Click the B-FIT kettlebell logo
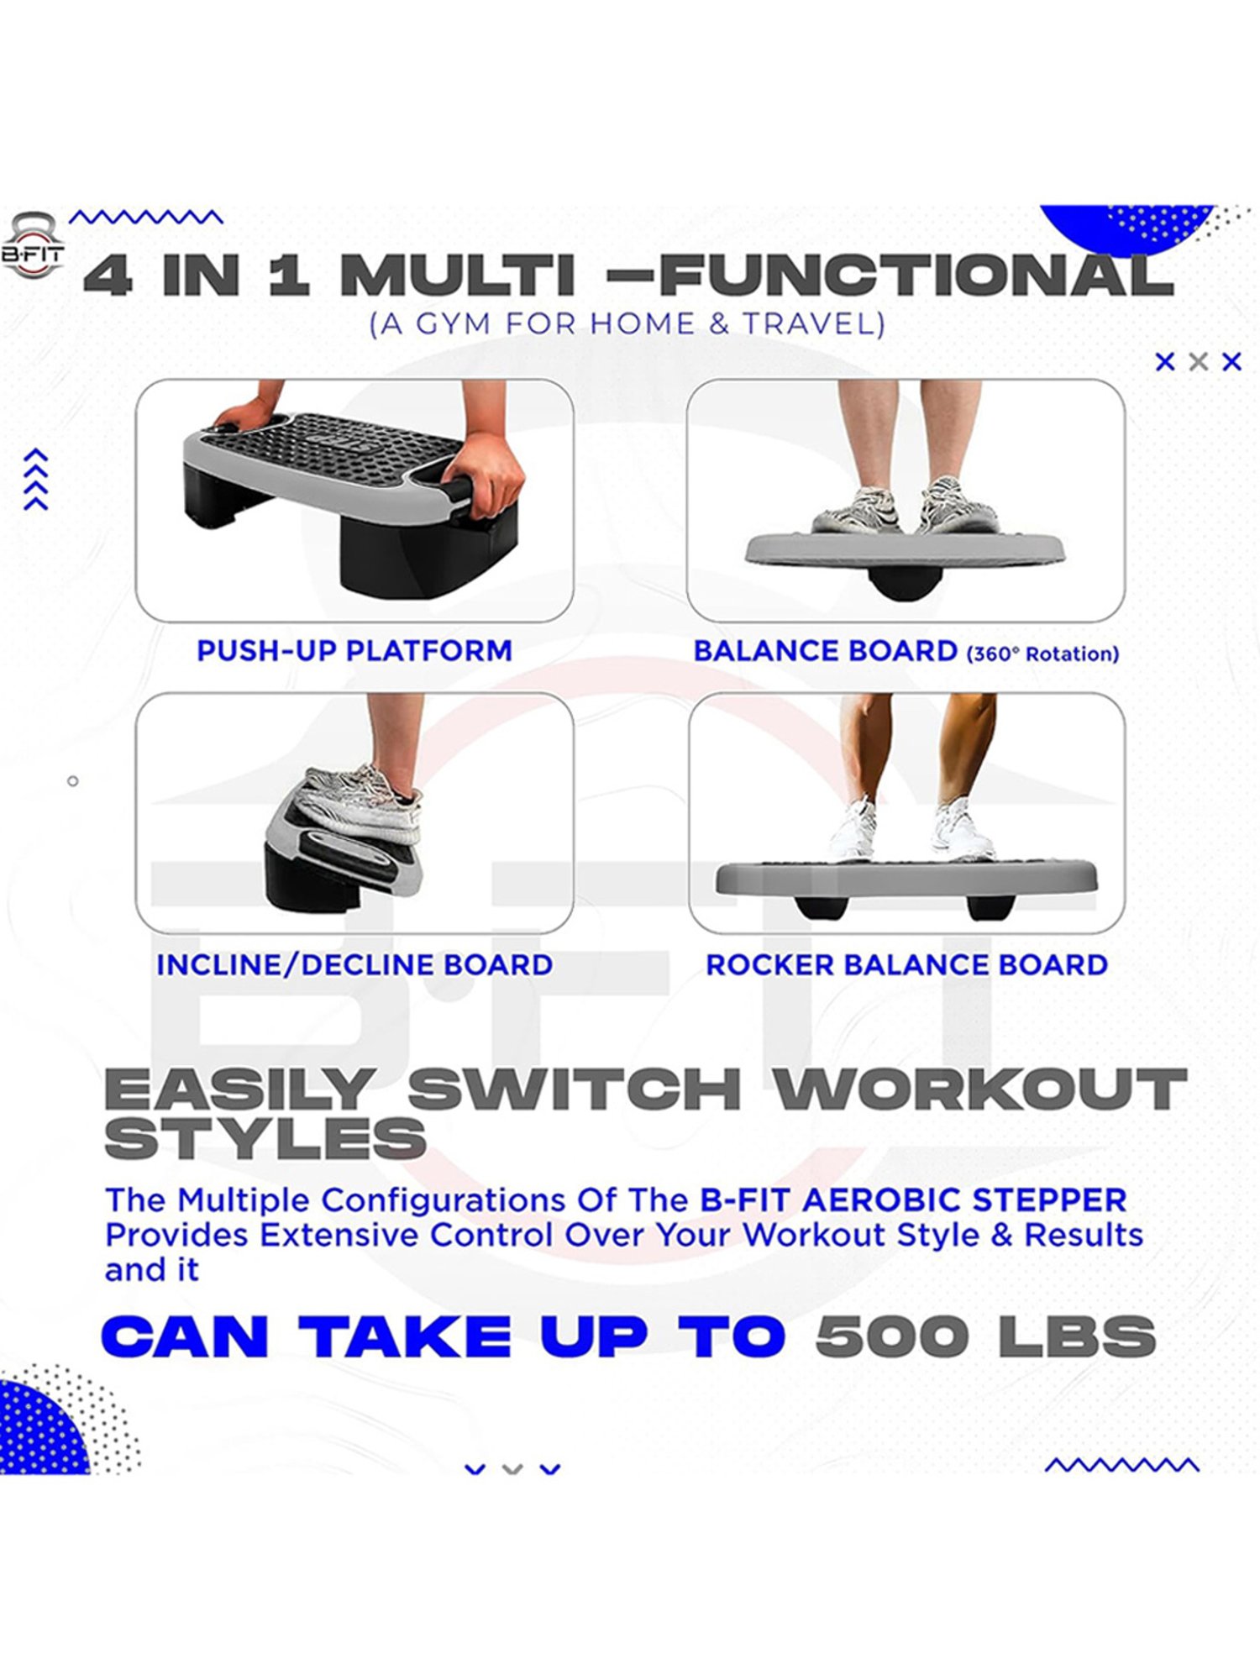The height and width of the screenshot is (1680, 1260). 32,245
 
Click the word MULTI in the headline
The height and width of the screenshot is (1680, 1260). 458,276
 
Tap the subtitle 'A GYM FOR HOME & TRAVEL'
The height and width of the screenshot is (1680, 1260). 627,324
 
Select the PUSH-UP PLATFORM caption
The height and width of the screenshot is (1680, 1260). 354,651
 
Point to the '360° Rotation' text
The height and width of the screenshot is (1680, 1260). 1042,654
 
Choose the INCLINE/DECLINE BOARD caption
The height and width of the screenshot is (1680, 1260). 354,965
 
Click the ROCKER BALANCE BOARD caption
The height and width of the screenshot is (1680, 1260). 906,965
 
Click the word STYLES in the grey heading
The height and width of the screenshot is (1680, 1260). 265,1140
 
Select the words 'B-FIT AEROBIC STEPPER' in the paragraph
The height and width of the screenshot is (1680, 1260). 913,1200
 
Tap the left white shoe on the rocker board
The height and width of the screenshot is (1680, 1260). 853,831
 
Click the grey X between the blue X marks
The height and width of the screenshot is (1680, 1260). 1199,362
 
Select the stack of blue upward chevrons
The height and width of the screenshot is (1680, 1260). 36,480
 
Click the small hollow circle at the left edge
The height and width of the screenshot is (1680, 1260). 73,781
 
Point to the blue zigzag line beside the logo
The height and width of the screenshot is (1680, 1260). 146,218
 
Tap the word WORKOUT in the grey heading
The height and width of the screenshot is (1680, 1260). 979,1089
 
